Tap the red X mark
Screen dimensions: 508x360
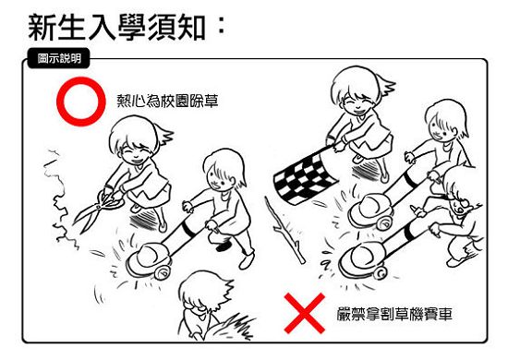tap(304, 313)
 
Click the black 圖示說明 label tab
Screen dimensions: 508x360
tap(58, 58)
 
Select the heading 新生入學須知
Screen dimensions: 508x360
tap(116, 28)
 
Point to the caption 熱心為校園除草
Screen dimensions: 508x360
tap(167, 101)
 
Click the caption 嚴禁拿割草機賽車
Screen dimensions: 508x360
tap(394, 314)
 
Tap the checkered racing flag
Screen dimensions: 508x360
tap(305, 179)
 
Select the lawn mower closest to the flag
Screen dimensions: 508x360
tap(371, 211)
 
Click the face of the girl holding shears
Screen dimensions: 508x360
tap(136, 153)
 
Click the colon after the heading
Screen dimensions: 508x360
tap(222, 26)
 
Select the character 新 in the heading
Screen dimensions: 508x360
tap(42, 28)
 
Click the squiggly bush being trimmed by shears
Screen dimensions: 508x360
tap(60, 200)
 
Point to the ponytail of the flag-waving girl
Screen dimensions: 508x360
tap(386, 85)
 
